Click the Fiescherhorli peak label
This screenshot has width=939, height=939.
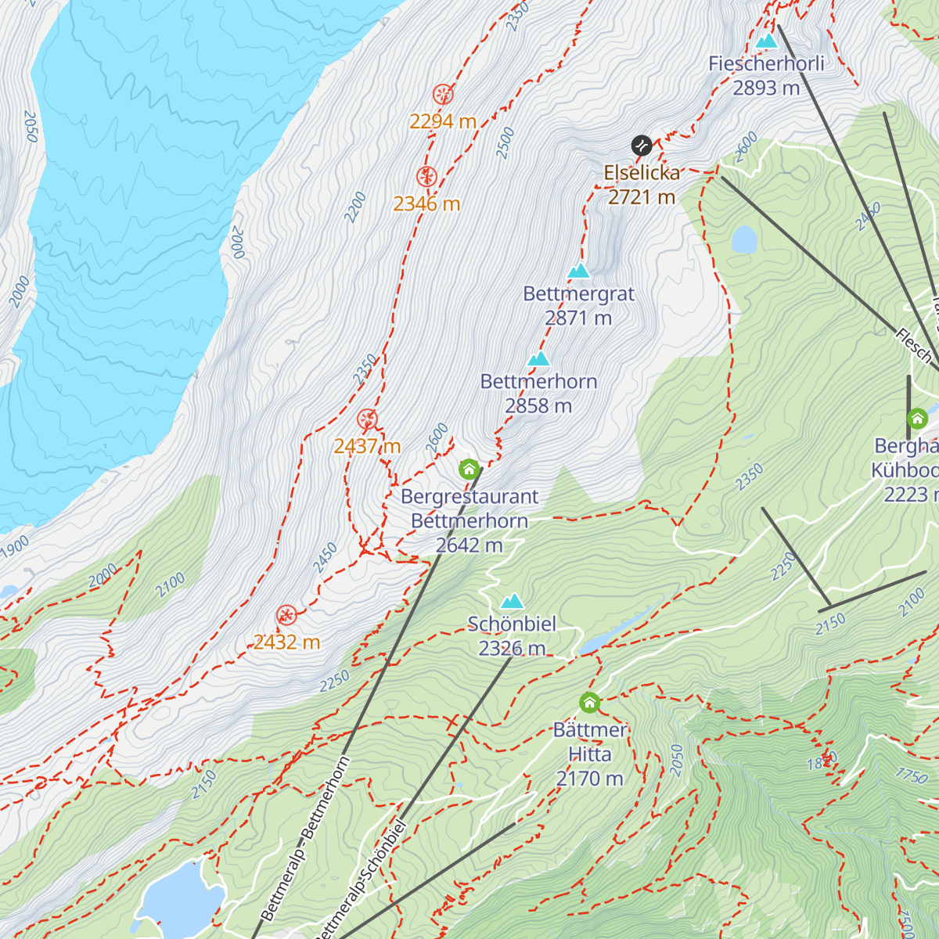[x=766, y=64]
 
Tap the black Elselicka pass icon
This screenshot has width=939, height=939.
[x=642, y=145]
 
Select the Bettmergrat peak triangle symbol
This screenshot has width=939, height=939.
[x=578, y=271]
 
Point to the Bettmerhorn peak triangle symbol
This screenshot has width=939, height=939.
[x=538, y=359]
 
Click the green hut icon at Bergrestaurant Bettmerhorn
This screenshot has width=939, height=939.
[x=469, y=469]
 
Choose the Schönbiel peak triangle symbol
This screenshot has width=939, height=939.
[x=512, y=601]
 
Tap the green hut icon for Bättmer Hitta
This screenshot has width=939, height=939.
[x=589, y=703]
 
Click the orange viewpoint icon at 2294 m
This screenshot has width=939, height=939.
[x=443, y=95]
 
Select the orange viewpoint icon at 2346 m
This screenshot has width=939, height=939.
[x=426, y=177]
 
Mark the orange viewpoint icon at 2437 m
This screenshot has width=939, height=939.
[x=367, y=419]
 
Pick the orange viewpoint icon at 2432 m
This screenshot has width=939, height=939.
[x=286, y=615]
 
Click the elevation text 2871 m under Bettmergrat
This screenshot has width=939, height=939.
[x=578, y=318]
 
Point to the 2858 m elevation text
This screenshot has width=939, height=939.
[x=538, y=406]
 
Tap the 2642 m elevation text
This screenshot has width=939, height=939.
[x=469, y=545]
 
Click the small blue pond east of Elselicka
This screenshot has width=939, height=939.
[x=743, y=239]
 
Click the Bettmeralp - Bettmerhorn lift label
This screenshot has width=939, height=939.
[x=305, y=837]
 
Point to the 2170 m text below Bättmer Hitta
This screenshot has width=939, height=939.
[x=589, y=779]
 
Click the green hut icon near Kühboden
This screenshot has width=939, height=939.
[x=917, y=419]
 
